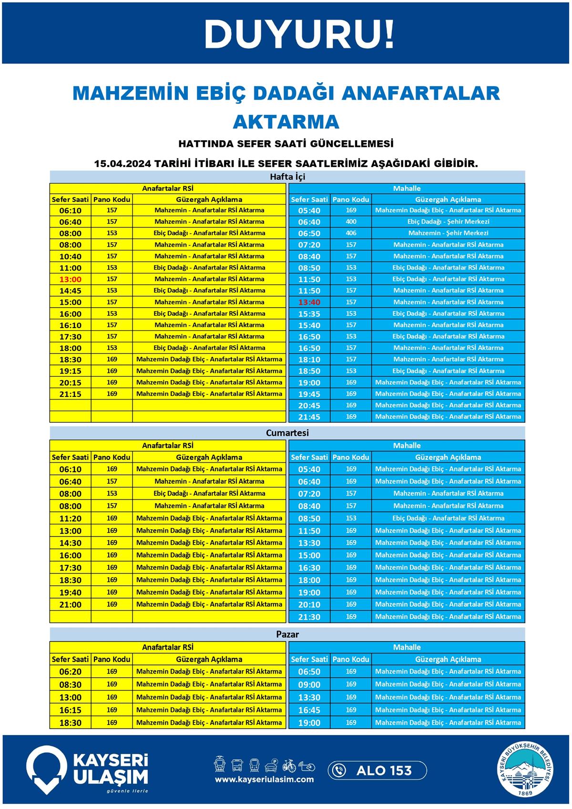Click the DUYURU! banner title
299,34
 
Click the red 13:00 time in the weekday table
70,280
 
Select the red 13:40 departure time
309,302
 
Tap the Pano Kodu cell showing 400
351,222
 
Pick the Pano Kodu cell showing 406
351,233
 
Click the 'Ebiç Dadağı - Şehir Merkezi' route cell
448,222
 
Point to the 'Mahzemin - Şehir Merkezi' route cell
448,233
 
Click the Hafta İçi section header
287,177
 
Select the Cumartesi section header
287,433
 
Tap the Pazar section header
287,634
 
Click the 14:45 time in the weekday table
70,291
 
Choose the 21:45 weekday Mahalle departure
309,417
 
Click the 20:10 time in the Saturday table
309,605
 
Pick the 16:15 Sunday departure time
70,710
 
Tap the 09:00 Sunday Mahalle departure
309,685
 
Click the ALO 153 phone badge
377,770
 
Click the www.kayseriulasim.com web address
264,779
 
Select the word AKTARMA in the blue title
286,122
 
